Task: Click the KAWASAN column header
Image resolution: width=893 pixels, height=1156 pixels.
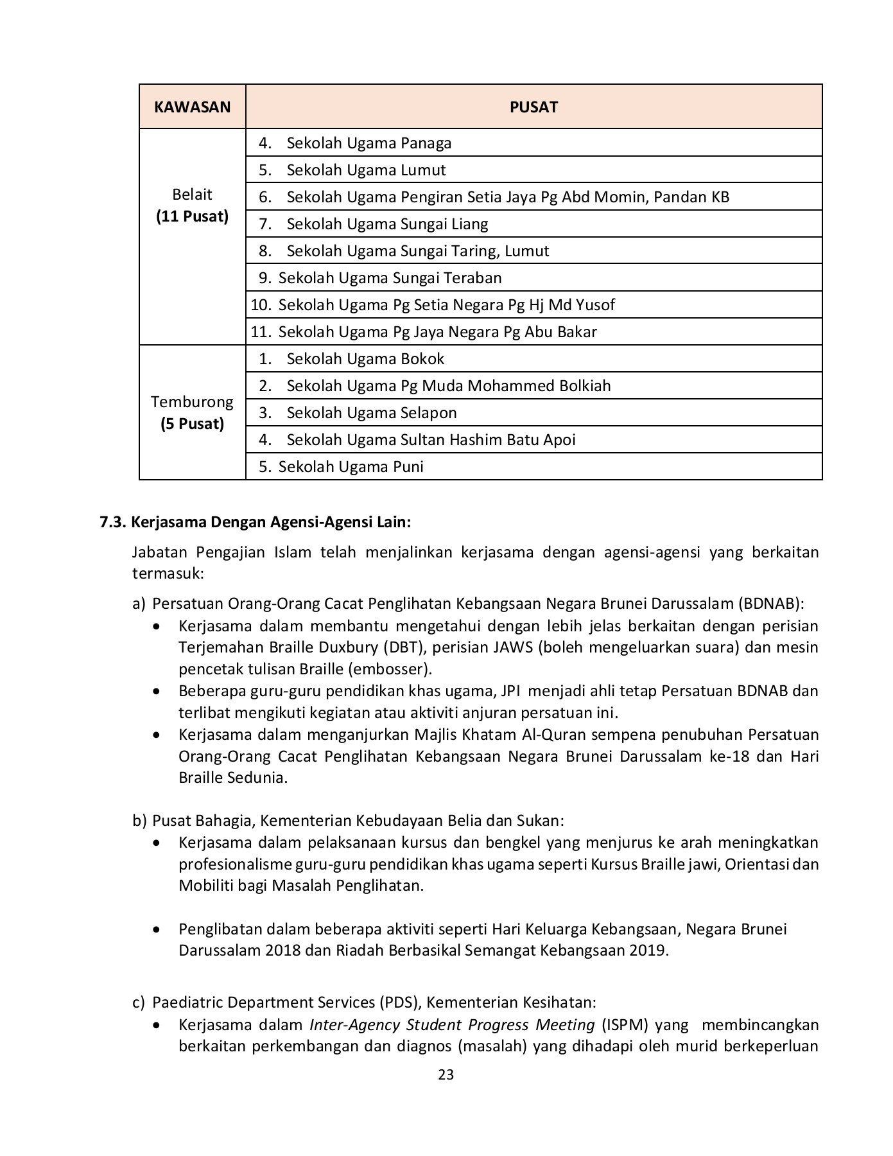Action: point(192,107)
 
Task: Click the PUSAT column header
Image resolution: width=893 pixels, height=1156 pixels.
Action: point(533,107)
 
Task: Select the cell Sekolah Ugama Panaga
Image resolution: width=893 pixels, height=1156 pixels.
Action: point(368,143)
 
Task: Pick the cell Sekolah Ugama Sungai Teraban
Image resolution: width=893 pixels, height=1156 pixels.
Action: point(390,277)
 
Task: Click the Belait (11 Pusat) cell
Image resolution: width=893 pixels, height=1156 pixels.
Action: point(192,206)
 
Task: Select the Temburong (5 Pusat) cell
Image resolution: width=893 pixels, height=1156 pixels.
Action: point(192,412)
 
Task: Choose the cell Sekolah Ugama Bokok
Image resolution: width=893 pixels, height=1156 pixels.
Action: point(365,358)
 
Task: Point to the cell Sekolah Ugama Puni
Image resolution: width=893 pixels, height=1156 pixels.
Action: point(351,466)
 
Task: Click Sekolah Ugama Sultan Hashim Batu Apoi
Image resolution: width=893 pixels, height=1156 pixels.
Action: point(431,439)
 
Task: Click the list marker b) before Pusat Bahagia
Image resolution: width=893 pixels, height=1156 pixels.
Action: point(139,820)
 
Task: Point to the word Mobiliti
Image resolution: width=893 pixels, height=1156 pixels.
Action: point(206,885)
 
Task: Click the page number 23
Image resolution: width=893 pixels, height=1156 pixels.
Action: point(446,1074)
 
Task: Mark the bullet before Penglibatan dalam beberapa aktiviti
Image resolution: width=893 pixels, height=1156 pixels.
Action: point(157,929)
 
